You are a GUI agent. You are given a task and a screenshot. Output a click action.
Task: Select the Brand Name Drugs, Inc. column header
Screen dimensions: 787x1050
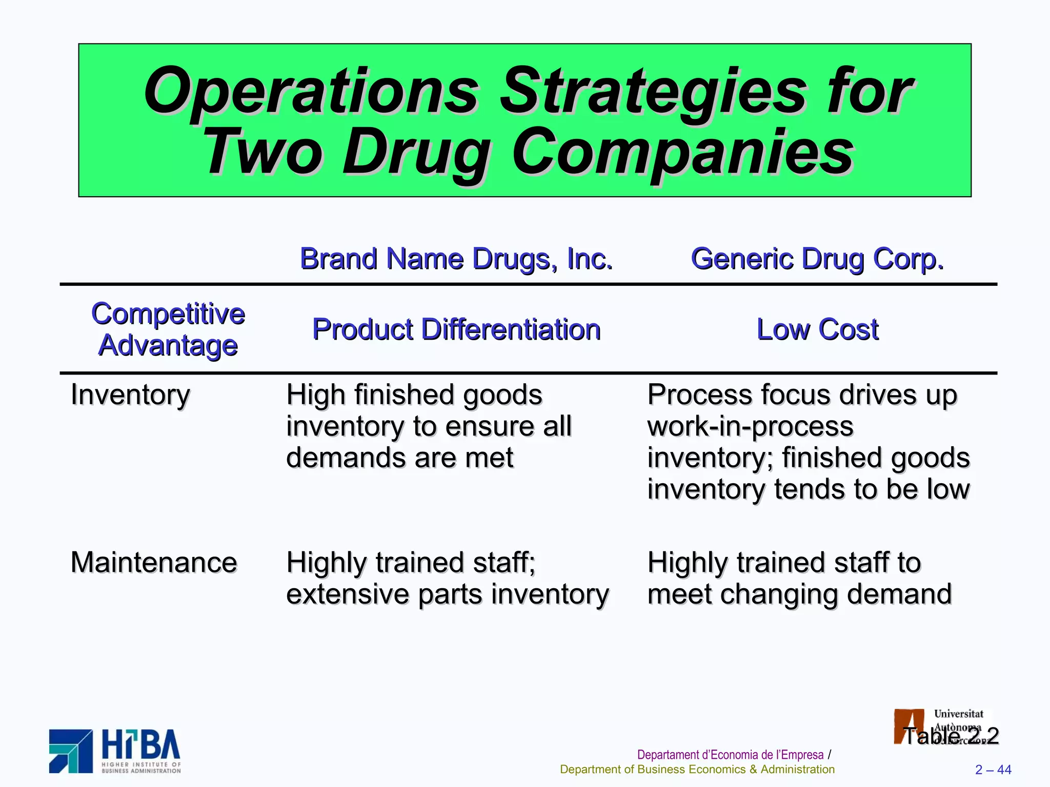[x=456, y=259]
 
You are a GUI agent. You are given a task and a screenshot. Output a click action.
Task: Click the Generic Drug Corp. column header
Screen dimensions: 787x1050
[x=817, y=259]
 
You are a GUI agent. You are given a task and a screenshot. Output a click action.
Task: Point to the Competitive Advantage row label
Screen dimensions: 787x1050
[x=168, y=329]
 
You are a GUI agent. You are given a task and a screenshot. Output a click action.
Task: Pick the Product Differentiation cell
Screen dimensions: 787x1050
[x=456, y=329]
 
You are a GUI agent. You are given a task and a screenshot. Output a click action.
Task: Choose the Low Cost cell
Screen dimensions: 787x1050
[x=818, y=329]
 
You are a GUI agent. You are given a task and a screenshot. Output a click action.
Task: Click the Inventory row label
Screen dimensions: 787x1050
[x=130, y=395]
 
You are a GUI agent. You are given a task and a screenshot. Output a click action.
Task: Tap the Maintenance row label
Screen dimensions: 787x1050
[x=154, y=563]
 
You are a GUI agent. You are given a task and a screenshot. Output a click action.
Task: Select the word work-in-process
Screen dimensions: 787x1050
[x=750, y=426]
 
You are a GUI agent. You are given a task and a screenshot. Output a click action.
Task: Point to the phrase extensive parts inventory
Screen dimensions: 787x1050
[x=447, y=594]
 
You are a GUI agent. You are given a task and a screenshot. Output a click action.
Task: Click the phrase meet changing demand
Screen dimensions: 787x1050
[x=799, y=594]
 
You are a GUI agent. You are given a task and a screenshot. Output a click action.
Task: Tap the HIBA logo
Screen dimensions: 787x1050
[x=115, y=751]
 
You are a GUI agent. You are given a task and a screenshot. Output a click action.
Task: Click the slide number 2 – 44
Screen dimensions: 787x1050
[x=993, y=770]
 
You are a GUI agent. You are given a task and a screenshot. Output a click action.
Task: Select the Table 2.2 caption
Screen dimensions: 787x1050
[x=951, y=736]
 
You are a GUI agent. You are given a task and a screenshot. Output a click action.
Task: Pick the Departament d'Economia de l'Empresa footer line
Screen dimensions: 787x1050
[x=730, y=755]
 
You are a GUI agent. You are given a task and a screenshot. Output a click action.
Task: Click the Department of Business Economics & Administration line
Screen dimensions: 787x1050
[x=697, y=770]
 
